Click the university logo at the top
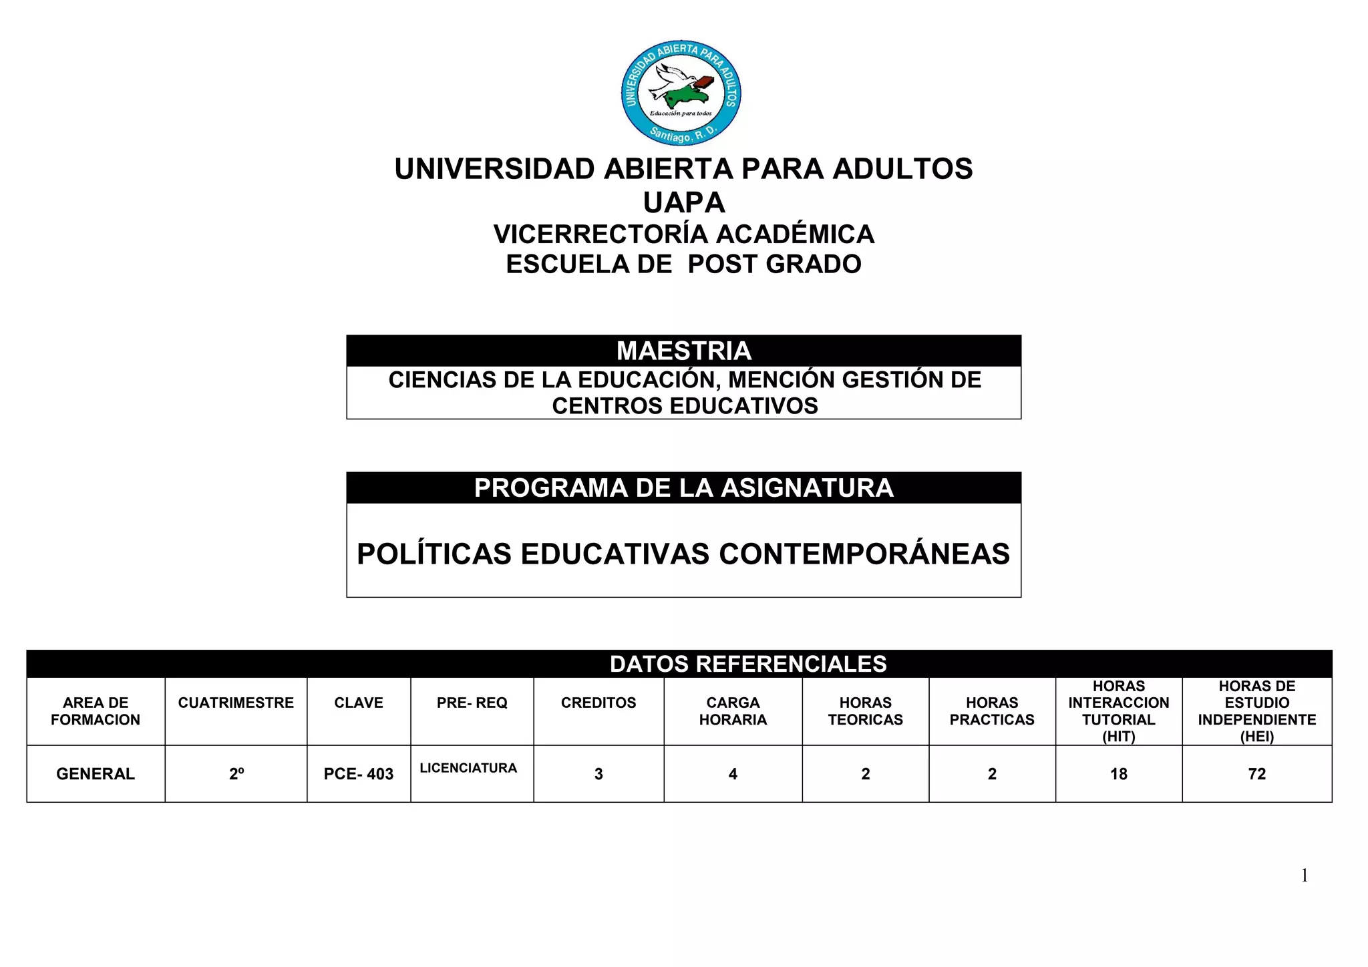(681, 93)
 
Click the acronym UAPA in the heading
(683, 202)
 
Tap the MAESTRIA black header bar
(683, 351)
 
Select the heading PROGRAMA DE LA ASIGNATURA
(683, 488)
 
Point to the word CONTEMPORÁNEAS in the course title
(864, 554)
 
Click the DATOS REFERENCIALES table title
(747, 664)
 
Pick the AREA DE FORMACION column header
(96, 711)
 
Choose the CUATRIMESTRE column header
(236, 703)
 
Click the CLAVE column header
(359, 703)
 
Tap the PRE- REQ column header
(472, 703)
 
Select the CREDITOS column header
(598, 703)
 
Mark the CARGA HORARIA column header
(733, 711)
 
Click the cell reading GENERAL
(96, 774)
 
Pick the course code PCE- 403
(359, 774)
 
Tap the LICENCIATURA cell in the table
(468, 768)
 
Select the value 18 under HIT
(1119, 774)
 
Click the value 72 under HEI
(1257, 774)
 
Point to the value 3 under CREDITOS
(598, 774)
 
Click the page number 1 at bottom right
(1305, 876)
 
